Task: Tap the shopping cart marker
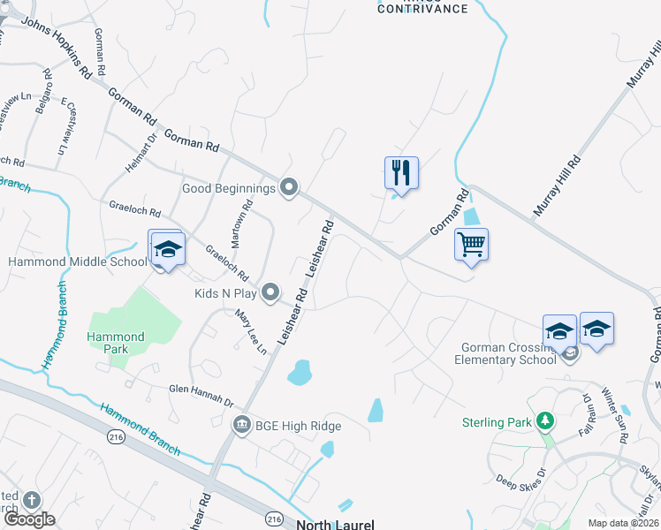click(x=471, y=244)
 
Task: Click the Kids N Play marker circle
click(x=271, y=291)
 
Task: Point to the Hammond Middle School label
click(x=77, y=262)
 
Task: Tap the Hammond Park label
click(x=115, y=343)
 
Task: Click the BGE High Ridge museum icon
click(x=241, y=426)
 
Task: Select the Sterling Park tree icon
click(x=546, y=421)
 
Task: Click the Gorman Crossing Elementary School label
click(x=505, y=353)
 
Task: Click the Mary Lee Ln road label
click(x=250, y=331)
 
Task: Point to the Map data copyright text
click(x=624, y=524)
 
